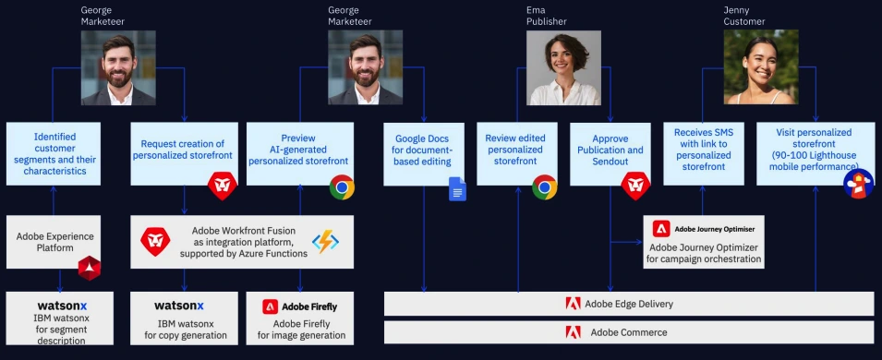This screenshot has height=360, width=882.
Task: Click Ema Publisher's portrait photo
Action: (x=562, y=67)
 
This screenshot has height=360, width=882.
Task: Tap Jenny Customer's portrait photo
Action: (x=759, y=67)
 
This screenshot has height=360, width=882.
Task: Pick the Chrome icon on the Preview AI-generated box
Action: (x=343, y=187)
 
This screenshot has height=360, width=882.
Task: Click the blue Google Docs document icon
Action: (x=457, y=189)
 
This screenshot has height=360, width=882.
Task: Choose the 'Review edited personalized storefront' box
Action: (x=515, y=150)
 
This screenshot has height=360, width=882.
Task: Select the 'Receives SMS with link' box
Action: (x=703, y=150)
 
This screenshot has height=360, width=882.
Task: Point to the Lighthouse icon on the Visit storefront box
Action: (x=857, y=183)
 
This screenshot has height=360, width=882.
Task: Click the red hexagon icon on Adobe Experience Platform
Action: (x=89, y=267)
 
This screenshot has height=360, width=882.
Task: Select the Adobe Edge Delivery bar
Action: (x=628, y=304)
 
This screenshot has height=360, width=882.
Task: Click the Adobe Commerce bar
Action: (x=628, y=332)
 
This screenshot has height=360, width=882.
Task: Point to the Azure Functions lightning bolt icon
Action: (x=326, y=242)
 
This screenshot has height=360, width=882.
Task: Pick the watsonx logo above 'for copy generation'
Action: (x=179, y=306)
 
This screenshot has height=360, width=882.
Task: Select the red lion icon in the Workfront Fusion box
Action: (x=154, y=242)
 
